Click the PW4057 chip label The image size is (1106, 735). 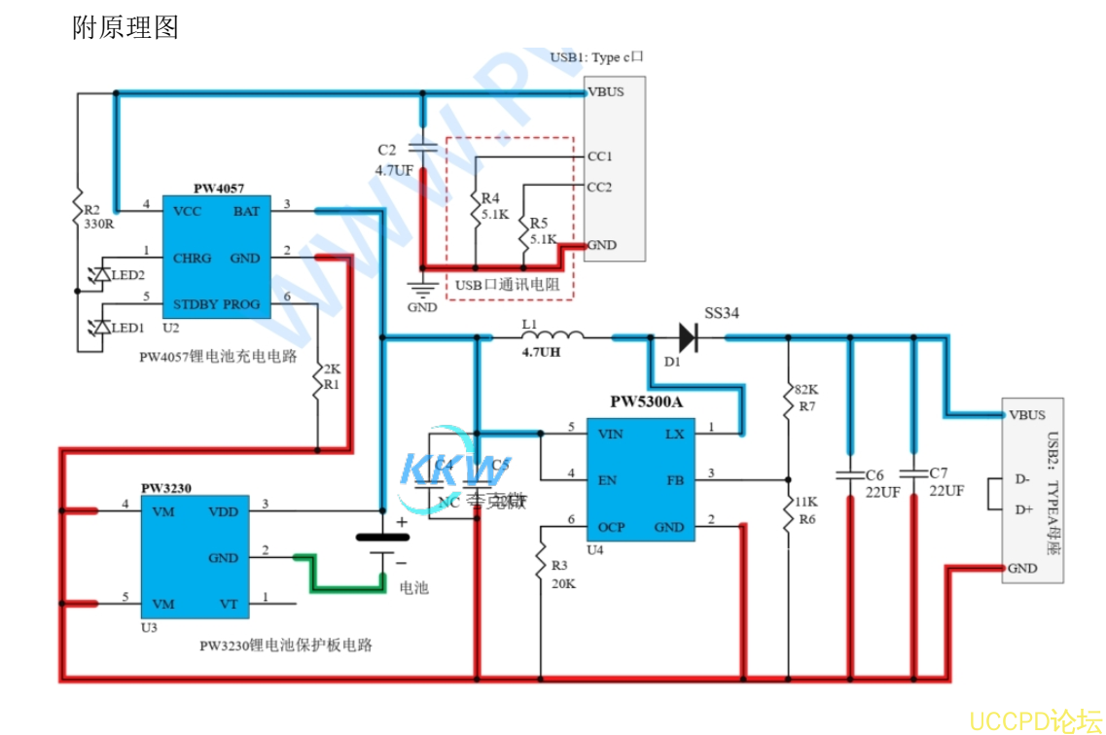(218, 189)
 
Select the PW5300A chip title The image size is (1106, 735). (645, 402)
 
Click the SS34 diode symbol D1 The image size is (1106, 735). (687, 337)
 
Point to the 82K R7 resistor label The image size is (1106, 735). (805, 397)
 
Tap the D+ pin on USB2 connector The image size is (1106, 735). (1022, 509)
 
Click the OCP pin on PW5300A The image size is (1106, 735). (611, 527)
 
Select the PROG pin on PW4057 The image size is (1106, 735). (240, 304)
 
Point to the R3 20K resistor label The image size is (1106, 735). (563, 575)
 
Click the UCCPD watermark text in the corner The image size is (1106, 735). (1037, 720)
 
